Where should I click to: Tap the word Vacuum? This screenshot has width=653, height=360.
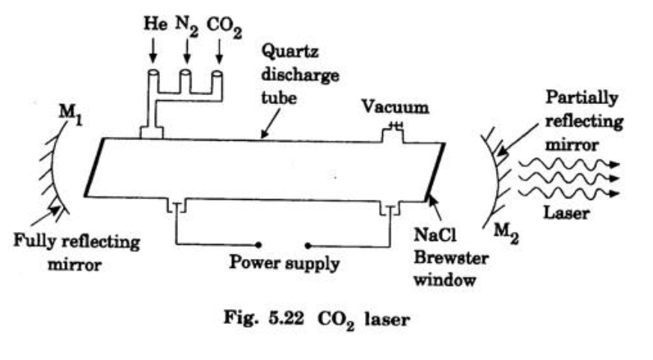[396, 107]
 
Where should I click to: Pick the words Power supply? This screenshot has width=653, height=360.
[284, 263]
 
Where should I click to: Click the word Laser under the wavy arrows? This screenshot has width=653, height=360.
[569, 213]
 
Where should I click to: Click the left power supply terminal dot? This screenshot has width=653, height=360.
[258, 245]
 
